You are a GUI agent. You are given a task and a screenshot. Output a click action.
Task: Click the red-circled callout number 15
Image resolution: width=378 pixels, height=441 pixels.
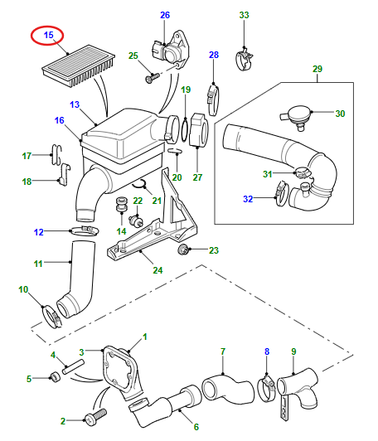(48, 35)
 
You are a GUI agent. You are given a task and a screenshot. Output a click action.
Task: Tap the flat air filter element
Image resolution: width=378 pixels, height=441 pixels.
(79, 65)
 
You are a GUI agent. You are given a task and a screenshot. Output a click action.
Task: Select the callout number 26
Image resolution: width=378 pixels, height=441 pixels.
(165, 15)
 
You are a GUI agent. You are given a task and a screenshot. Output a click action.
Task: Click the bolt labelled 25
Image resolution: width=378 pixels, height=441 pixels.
(153, 77)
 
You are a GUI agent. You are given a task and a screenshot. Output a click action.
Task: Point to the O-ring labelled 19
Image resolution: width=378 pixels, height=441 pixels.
(185, 129)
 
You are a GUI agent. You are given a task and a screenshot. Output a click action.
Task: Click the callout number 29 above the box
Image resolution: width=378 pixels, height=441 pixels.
(317, 69)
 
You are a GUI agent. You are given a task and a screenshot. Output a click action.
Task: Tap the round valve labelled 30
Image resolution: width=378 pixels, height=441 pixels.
(297, 116)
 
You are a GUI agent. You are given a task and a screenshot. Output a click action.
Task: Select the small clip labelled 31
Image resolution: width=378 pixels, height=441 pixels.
(303, 172)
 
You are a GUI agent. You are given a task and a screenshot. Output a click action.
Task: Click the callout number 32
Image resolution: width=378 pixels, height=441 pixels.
(248, 199)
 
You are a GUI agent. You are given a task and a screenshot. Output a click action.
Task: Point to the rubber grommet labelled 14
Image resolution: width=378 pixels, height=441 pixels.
(122, 206)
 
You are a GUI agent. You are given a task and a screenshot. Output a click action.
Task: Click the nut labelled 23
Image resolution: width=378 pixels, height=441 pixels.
(183, 250)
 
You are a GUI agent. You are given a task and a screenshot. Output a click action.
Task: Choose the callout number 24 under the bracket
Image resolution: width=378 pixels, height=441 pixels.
(157, 270)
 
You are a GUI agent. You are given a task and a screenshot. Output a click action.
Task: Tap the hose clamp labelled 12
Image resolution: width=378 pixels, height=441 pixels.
(85, 230)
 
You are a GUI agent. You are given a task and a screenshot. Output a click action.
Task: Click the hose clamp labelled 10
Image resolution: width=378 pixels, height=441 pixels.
(51, 317)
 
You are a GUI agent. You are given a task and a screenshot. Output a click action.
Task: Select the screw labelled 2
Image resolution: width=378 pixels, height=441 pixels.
(96, 416)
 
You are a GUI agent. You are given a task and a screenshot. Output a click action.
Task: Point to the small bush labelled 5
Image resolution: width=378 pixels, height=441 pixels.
(55, 377)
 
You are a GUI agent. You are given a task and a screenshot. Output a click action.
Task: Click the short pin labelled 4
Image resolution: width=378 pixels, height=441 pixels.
(73, 367)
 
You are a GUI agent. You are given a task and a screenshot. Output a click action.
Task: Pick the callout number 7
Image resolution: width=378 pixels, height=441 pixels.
(223, 351)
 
